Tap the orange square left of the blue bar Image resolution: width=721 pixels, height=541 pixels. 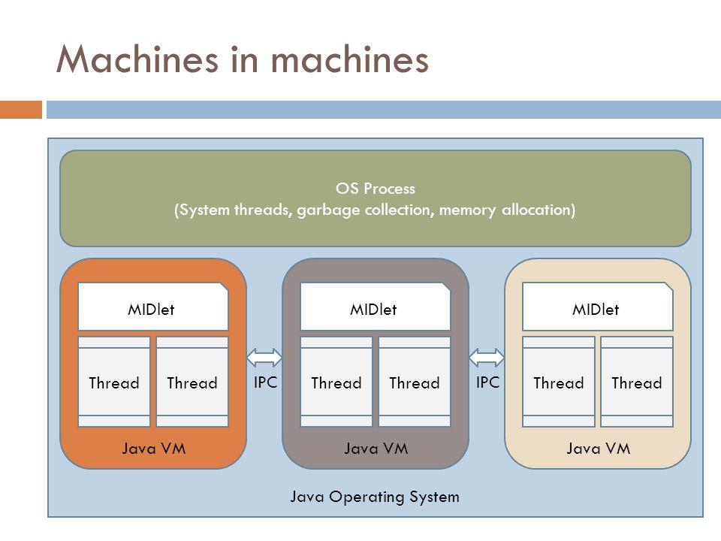(21, 110)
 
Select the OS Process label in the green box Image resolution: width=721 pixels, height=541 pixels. (376, 189)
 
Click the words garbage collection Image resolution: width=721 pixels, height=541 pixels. (365, 210)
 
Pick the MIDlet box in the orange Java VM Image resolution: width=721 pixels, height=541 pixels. (153, 306)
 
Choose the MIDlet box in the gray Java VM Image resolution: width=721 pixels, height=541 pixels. (376, 306)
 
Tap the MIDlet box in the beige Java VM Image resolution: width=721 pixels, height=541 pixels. (597, 306)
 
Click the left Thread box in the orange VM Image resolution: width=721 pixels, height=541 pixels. (114, 382)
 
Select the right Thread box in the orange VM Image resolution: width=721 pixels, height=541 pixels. (192, 382)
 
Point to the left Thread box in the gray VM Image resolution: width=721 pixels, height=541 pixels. (336, 382)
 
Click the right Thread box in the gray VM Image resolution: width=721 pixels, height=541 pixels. (415, 382)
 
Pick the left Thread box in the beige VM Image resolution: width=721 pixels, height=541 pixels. (558, 382)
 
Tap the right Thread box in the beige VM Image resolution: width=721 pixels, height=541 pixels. (637, 382)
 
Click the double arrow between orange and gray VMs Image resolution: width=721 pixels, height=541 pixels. (264, 358)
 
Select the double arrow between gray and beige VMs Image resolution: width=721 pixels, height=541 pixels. (487, 358)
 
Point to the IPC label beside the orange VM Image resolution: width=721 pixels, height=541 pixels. (265, 382)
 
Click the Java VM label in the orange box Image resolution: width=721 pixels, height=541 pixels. (153, 449)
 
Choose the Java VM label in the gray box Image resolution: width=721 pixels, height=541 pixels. (376, 449)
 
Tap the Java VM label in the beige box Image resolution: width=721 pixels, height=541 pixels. (598, 449)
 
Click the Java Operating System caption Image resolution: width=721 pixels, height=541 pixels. (375, 497)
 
